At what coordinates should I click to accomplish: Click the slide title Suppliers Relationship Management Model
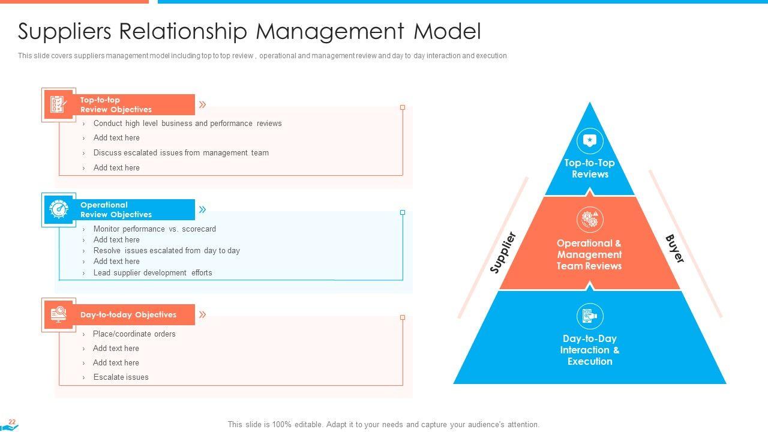tap(249, 31)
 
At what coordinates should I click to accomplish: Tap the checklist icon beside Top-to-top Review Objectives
tap(58, 104)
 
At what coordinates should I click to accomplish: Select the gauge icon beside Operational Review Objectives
tap(58, 209)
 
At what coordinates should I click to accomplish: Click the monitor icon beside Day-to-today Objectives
tap(58, 314)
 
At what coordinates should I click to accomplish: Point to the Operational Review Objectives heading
tap(116, 209)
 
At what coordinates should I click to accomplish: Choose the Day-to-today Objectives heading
tap(128, 314)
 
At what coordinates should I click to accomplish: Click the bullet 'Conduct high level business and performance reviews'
tap(187, 124)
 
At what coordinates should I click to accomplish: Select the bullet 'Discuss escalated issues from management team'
tap(181, 153)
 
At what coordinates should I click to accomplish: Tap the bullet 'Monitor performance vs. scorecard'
tap(154, 229)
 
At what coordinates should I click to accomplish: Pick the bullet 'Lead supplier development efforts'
tap(152, 273)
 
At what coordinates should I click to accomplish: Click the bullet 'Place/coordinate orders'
tap(134, 334)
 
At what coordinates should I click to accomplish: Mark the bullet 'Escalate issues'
tap(121, 377)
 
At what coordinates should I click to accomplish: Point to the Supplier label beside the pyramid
tap(503, 253)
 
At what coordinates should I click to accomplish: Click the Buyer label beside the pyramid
tap(675, 248)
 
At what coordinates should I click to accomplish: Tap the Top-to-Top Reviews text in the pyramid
tap(590, 169)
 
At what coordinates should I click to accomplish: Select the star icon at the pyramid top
tap(590, 141)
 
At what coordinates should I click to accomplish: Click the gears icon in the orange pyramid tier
tap(590, 220)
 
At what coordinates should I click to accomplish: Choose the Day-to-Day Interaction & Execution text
tap(590, 350)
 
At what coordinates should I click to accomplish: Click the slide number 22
tap(11, 422)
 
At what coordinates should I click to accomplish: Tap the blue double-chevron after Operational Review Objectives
tap(203, 209)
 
